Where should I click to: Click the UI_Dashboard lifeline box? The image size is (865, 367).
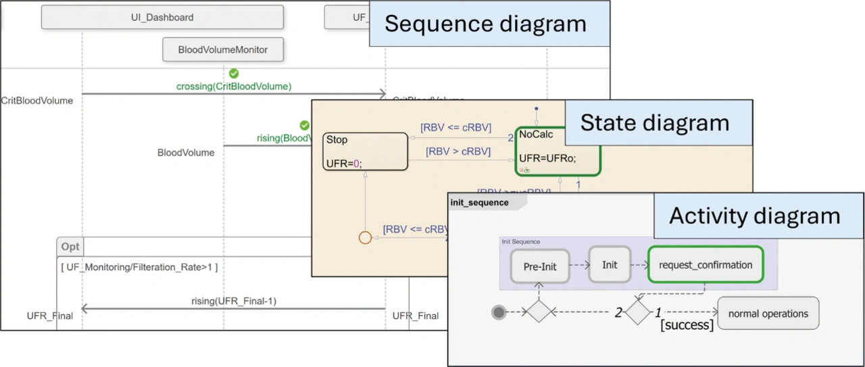(x=162, y=18)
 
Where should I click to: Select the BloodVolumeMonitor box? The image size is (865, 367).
(x=223, y=49)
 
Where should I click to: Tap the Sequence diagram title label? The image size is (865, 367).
(x=485, y=24)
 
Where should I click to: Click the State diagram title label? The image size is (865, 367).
(x=654, y=123)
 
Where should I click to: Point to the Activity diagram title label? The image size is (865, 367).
(x=754, y=216)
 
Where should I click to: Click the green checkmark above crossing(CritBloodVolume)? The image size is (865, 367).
(x=234, y=73)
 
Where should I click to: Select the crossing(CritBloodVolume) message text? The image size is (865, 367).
(x=234, y=87)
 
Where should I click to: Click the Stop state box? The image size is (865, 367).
(x=365, y=151)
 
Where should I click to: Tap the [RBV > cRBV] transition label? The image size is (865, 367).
(x=458, y=151)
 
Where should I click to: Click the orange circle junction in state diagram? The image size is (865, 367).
(x=365, y=238)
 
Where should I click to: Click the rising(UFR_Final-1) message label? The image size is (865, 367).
(x=234, y=301)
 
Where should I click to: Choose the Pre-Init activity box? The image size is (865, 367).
(x=540, y=266)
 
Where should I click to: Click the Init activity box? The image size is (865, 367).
(x=610, y=265)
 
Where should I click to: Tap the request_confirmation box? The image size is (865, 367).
(x=705, y=265)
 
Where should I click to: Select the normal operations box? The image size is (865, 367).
(x=768, y=314)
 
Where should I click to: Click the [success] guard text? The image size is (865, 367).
(x=687, y=326)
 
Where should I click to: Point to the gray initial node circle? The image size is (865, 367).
(x=499, y=312)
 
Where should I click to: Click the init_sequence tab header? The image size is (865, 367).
(x=480, y=203)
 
